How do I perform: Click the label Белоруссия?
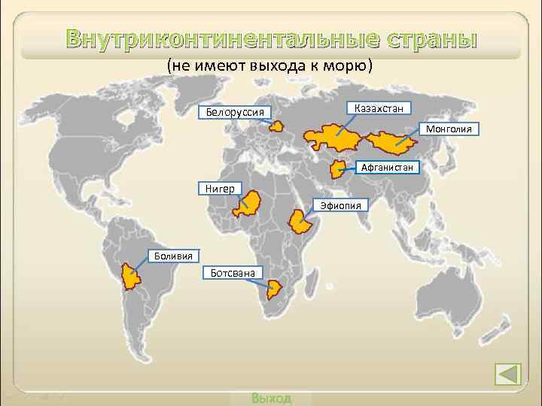coord(234,113)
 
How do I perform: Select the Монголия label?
coord(449,129)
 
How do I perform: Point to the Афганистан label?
coord(387,167)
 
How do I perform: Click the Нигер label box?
coord(220,188)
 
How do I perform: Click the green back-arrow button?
coord(508,374)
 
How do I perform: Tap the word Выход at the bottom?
coord(271,398)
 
